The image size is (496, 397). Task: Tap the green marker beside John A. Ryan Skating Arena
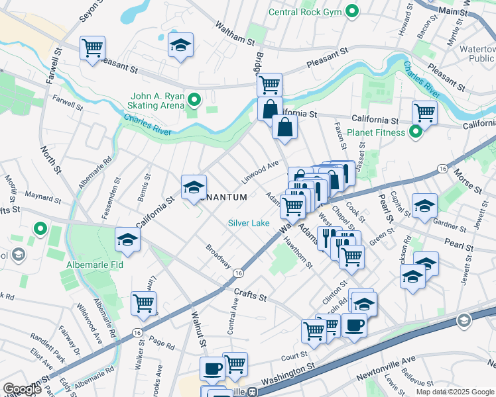(x=194, y=100)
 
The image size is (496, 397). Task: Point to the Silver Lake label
(x=249, y=223)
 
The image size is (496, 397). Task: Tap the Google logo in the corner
(x=23, y=389)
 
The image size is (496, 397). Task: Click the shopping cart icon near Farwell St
(x=92, y=48)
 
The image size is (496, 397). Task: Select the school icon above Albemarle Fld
(x=127, y=240)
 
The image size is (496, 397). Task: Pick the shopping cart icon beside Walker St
(x=143, y=303)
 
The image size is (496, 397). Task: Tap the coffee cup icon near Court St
(x=354, y=326)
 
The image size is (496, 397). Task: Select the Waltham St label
(x=235, y=33)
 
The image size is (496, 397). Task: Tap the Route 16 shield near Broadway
(x=237, y=273)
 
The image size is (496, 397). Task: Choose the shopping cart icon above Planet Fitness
(x=424, y=112)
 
